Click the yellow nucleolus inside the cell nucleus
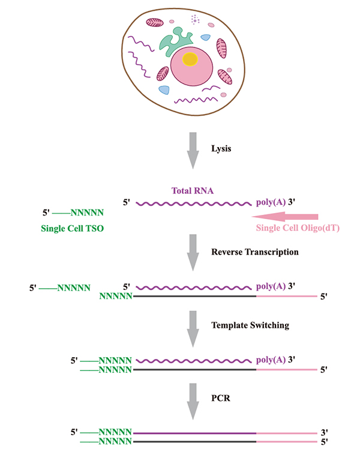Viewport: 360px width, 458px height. [x=190, y=59]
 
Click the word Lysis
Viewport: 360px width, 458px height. [x=221, y=149]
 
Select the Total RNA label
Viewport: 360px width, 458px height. [x=193, y=191]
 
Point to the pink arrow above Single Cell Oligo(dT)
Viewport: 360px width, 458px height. [x=284, y=217]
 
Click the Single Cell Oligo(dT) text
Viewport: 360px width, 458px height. [x=298, y=228]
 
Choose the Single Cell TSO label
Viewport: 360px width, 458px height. [x=73, y=229]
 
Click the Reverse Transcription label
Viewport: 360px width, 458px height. [x=255, y=252]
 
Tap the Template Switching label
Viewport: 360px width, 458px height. [x=250, y=325]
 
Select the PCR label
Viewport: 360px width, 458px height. [x=221, y=398]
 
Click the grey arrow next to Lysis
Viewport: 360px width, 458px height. [x=193, y=151]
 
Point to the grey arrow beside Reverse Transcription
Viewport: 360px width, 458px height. [x=193, y=253]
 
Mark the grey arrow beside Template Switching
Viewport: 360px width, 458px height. [x=193, y=329]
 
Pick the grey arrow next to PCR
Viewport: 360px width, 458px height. [x=193, y=402]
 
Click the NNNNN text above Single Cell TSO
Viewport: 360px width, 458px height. [x=87, y=212]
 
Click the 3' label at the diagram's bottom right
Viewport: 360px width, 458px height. [x=325, y=432]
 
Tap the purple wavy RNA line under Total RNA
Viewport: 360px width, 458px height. [x=194, y=203]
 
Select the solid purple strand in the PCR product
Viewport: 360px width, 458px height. [x=195, y=433]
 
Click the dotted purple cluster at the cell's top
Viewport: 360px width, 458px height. [x=195, y=20]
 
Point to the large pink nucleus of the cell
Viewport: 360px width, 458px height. [x=192, y=66]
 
